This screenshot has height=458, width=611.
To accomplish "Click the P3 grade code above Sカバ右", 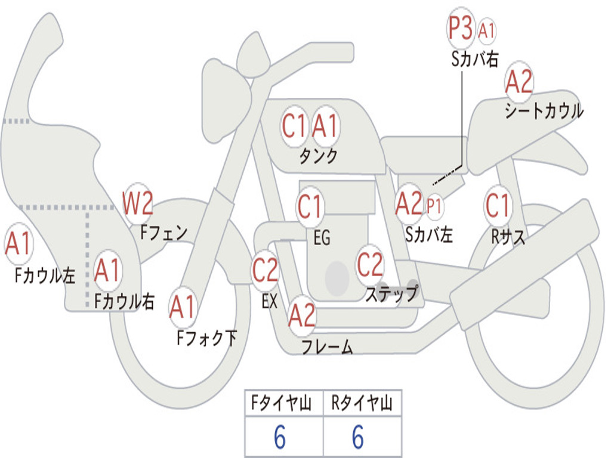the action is pyautogui.click(x=460, y=28).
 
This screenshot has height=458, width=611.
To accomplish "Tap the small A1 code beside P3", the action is pyautogui.click(x=486, y=30).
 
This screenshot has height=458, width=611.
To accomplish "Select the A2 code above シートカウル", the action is pyautogui.click(x=519, y=81).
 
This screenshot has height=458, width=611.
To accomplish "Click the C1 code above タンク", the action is pyautogui.click(x=294, y=126).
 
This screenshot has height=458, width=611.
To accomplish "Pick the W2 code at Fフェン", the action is pyautogui.click(x=138, y=203).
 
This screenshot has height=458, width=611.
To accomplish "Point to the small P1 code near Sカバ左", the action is pyautogui.click(x=434, y=206).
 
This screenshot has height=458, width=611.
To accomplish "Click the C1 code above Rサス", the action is pyautogui.click(x=498, y=205).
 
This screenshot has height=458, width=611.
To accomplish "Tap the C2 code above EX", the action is pyautogui.click(x=265, y=270).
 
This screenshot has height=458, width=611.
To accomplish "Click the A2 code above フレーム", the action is pyautogui.click(x=302, y=315).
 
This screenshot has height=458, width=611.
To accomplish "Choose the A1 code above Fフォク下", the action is pyautogui.click(x=182, y=307).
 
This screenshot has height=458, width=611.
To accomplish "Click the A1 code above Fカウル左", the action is pyautogui.click(x=18, y=243).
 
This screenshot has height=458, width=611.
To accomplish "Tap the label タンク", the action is pyautogui.click(x=318, y=156).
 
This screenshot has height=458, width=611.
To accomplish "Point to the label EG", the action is pyautogui.click(x=322, y=237).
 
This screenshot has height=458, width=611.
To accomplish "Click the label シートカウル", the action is pyautogui.click(x=544, y=111).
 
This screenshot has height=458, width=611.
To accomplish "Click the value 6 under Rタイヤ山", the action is pyautogui.click(x=358, y=437).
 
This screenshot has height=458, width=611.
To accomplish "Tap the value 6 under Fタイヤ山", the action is pyautogui.click(x=280, y=437).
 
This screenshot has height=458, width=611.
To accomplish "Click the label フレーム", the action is pyautogui.click(x=328, y=346).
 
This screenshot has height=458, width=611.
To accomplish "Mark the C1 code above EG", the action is pyautogui.click(x=310, y=206).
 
